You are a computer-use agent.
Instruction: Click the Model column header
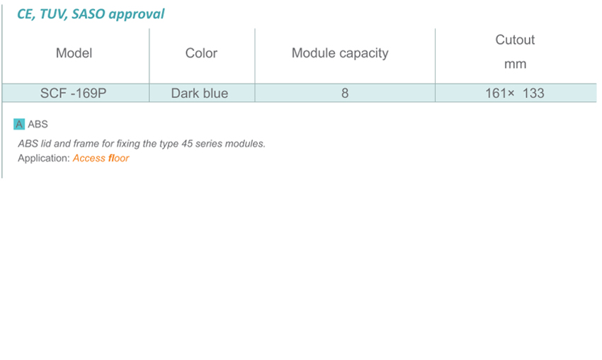coord(74,53)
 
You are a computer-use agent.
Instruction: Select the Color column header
coord(201,53)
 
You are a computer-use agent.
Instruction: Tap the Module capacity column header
coord(340,53)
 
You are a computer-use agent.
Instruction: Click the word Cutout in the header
coord(515,40)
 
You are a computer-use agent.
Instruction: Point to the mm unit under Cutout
coord(515,64)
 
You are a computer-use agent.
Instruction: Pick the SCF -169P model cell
coord(74,94)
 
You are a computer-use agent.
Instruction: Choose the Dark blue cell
coord(200,94)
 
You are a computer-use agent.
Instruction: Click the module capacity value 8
coord(345,94)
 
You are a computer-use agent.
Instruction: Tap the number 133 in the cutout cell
coord(533,94)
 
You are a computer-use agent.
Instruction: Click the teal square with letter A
coord(19,124)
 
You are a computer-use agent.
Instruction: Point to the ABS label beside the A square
coord(38,124)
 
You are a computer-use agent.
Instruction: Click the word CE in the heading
coord(25,14)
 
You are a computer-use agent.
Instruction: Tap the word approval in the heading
coord(137,15)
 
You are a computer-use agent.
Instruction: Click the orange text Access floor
coord(101,158)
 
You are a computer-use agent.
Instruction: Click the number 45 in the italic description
coord(187,144)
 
